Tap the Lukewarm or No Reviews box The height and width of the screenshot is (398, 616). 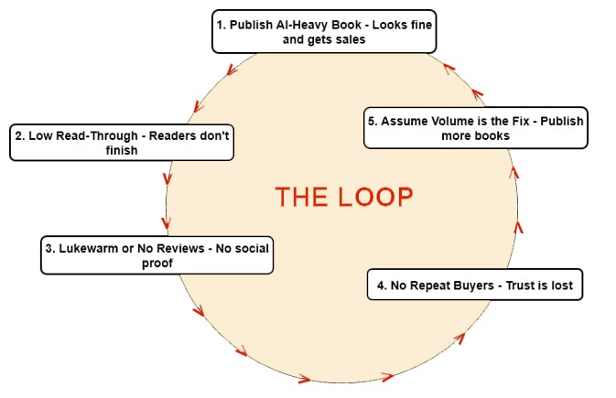pos(157,255)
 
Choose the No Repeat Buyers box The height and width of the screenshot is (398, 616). pos(474,285)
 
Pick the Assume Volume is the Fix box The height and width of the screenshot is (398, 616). pos(475,128)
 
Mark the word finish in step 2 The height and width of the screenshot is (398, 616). pos(122,150)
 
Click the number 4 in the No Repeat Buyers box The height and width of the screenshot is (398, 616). pos(379,285)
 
